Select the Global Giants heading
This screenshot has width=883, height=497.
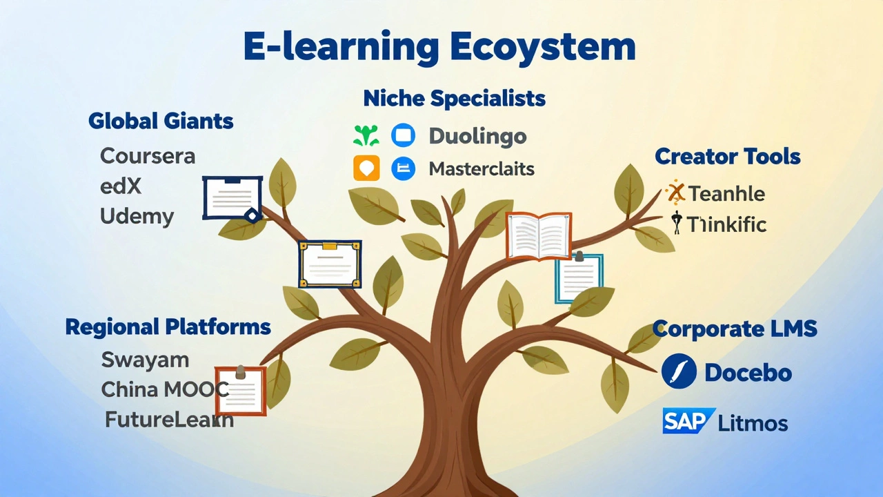click(161, 121)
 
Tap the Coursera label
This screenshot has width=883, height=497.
click(148, 155)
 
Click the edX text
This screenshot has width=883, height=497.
click(121, 186)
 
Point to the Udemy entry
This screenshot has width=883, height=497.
click(137, 216)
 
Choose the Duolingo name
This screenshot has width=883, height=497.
click(477, 136)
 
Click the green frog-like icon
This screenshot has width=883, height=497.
click(366, 135)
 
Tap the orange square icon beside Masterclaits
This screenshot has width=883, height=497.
click(366, 168)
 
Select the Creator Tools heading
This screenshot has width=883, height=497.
click(728, 157)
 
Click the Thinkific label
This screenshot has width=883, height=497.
click(726, 224)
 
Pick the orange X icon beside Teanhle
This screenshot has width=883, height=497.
click(675, 193)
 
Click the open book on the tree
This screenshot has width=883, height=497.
click(539, 235)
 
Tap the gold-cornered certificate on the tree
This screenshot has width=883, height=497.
click(330, 264)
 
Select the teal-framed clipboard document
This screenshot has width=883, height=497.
click(579, 278)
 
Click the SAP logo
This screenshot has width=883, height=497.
click(687, 420)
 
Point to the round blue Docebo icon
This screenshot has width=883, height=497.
click(679, 372)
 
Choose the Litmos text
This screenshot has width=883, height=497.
click(753, 422)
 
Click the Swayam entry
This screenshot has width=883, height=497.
click(145, 360)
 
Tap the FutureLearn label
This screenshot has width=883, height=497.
click(169, 419)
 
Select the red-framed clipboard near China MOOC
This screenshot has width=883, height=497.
click(241, 391)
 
